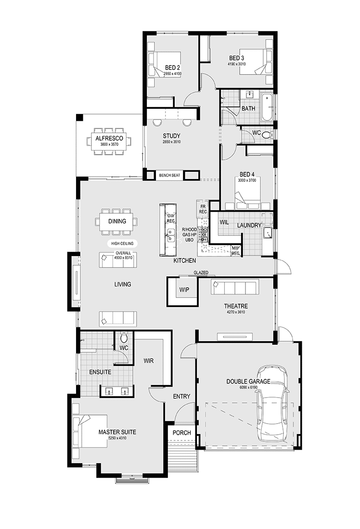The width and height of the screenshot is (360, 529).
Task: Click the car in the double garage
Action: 272,403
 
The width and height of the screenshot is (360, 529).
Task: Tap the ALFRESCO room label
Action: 109,138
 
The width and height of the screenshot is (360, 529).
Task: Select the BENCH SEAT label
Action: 170,175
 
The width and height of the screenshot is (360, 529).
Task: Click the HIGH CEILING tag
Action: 122,243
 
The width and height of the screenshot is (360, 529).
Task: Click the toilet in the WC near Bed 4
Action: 267,135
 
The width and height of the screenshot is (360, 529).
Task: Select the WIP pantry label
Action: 184,290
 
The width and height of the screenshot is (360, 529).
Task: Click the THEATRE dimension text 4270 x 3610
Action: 236,312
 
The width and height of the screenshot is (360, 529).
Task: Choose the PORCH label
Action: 181,433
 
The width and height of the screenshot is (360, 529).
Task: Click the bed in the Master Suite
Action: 90,432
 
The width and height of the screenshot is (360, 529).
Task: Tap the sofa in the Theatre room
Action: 234,287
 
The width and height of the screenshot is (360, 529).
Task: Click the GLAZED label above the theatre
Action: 201,272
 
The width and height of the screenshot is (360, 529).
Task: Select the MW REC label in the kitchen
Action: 235,251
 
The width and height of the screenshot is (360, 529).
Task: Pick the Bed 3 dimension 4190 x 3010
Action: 237,64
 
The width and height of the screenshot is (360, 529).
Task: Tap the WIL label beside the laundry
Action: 224,222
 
